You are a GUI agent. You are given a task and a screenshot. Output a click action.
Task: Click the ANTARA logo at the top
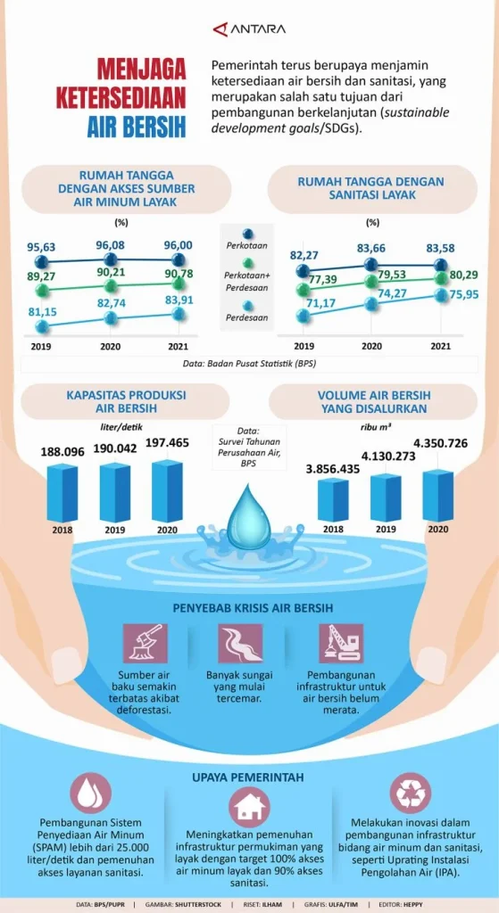249,29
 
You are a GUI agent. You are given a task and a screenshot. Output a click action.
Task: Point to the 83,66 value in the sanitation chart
371,248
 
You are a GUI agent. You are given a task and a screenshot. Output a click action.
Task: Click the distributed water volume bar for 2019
386,497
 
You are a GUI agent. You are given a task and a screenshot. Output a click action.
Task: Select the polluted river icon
240,642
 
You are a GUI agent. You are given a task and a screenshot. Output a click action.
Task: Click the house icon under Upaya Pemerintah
249,808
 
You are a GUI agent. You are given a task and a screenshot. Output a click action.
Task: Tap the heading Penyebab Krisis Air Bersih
249,608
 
